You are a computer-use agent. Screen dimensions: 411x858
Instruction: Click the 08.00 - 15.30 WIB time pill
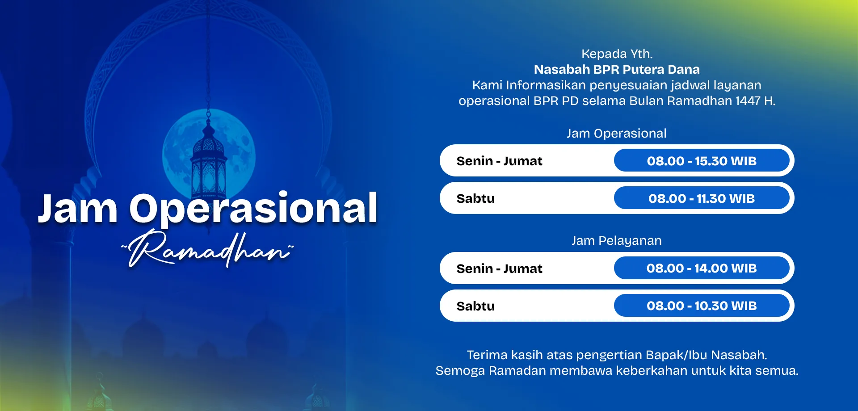click(x=702, y=161)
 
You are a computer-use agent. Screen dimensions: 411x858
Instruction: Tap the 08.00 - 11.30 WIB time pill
click(x=702, y=198)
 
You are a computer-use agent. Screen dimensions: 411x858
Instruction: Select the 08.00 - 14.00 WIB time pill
click(x=702, y=268)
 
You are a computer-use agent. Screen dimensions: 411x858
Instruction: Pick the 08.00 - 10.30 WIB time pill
click(x=702, y=306)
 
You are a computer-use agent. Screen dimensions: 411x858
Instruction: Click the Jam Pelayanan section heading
click(x=617, y=241)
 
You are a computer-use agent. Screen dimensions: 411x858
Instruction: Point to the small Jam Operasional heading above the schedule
click(x=617, y=134)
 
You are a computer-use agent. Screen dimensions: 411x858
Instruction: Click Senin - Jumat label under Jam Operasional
click(x=499, y=161)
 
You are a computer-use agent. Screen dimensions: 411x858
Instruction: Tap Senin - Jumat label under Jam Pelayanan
click(x=499, y=268)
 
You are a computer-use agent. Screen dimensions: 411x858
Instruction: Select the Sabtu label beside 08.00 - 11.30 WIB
click(x=475, y=198)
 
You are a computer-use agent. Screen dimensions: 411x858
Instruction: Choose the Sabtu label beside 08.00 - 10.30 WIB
click(x=475, y=306)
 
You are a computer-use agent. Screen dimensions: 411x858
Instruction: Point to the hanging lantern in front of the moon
click(x=208, y=165)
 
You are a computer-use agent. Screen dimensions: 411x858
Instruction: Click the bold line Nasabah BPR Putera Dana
click(x=617, y=70)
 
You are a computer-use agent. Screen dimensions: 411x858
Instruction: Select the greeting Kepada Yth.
click(x=617, y=54)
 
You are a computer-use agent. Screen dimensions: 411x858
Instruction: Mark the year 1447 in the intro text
click(x=748, y=101)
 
